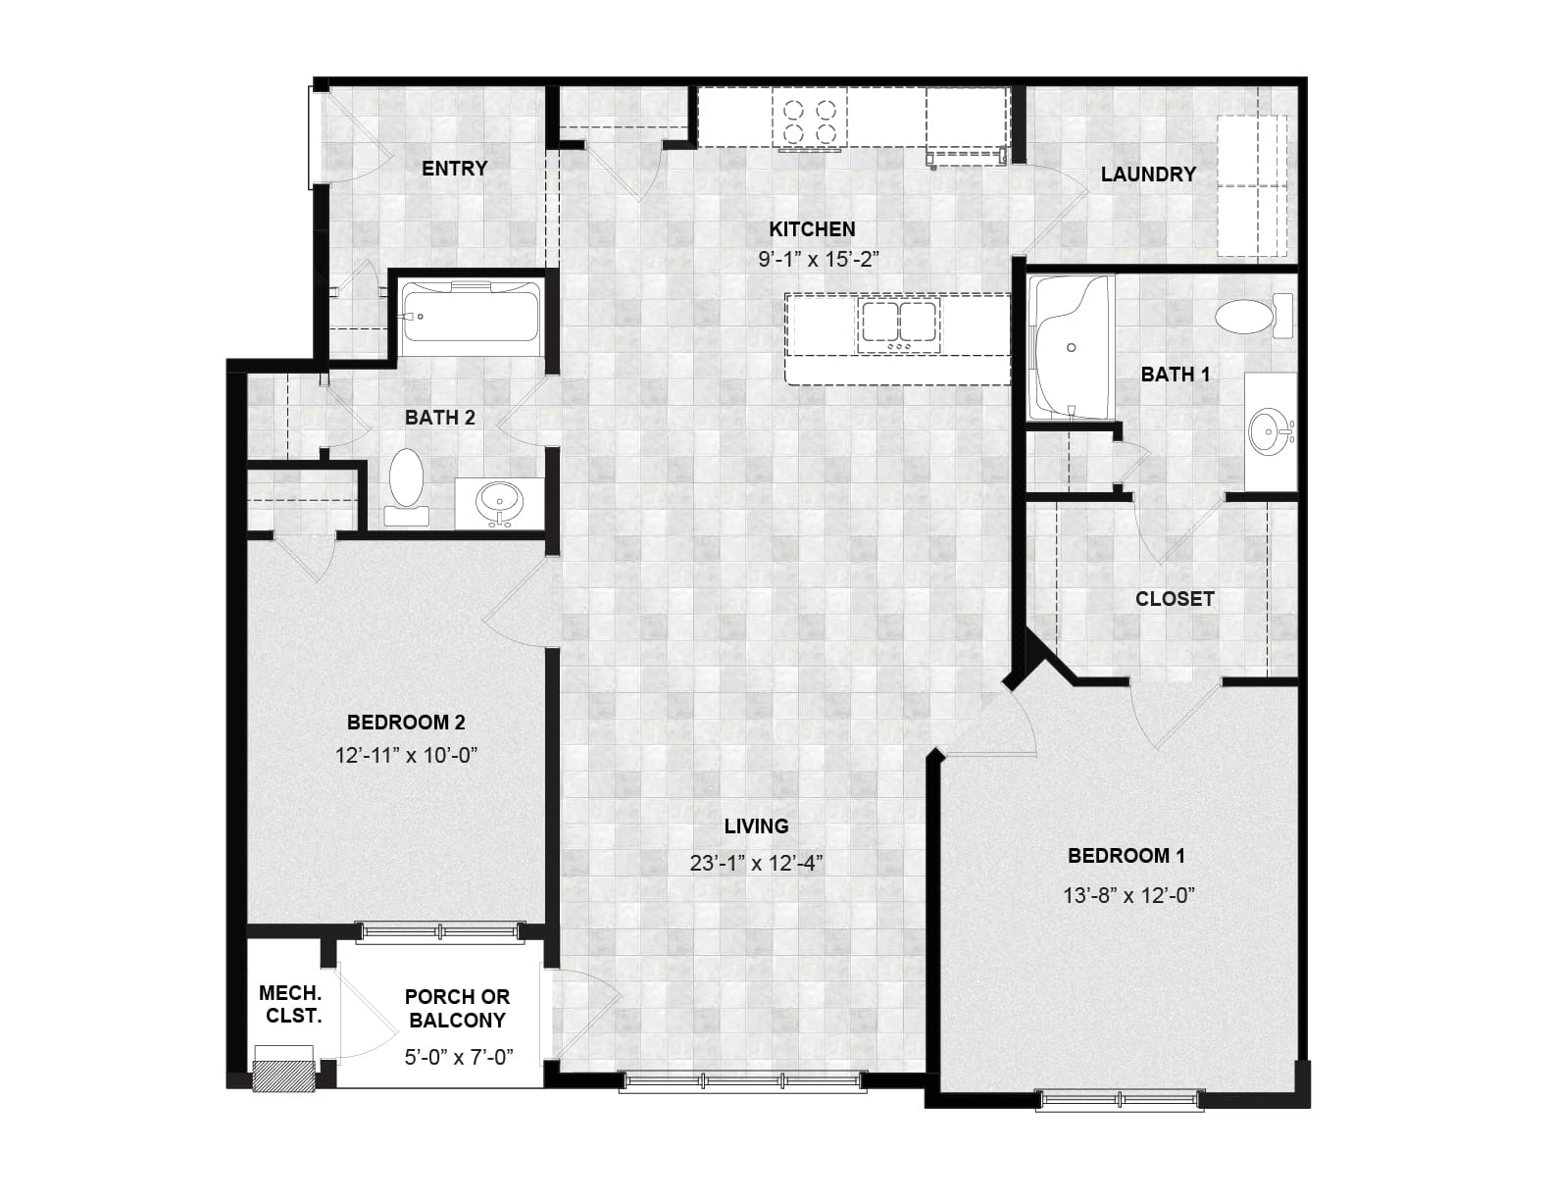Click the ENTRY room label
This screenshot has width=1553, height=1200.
click(x=455, y=169)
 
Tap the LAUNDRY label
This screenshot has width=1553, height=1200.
click(x=1148, y=175)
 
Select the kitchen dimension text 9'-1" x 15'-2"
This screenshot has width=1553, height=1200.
click(x=819, y=259)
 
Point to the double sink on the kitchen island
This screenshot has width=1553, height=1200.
click(x=899, y=325)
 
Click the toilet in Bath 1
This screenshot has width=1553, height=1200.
click(x=1255, y=315)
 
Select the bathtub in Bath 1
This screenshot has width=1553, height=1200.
click(x=1070, y=348)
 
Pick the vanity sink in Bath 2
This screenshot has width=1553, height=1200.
click(x=499, y=501)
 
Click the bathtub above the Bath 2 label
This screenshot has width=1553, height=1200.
click(x=470, y=319)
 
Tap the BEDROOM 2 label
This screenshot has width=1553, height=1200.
click(x=406, y=723)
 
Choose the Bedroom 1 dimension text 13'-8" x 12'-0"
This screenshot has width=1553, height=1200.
click(x=1129, y=895)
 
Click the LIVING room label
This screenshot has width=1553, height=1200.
click(x=756, y=826)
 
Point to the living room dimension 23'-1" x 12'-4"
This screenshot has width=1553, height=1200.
click(x=756, y=864)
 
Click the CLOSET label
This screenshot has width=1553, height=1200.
click(x=1175, y=599)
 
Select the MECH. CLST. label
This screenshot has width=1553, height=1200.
click(x=290, y=1004)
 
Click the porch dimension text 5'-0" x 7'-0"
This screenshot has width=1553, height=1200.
click(x=459, y=1057)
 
